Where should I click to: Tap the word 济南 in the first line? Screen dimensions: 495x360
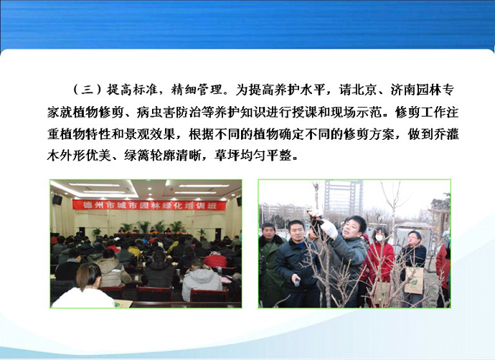pos(403,90)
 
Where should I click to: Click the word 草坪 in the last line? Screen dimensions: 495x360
pos(227,155)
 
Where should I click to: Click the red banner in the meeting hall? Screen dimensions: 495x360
pos(149,205)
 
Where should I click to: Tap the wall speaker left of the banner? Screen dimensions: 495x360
pos(57,199)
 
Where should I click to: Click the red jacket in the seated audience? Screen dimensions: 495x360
pos(216,260)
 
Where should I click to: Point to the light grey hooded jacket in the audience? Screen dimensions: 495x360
pos(202,283)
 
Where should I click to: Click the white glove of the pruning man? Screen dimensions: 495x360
pos(328,229)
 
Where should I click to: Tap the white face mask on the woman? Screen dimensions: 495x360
pos(379,238)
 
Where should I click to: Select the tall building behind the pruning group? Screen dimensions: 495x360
pos(344,197)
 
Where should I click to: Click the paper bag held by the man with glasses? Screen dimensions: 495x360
pos(414,280)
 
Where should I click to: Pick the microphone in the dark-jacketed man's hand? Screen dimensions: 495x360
pos(297,281)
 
